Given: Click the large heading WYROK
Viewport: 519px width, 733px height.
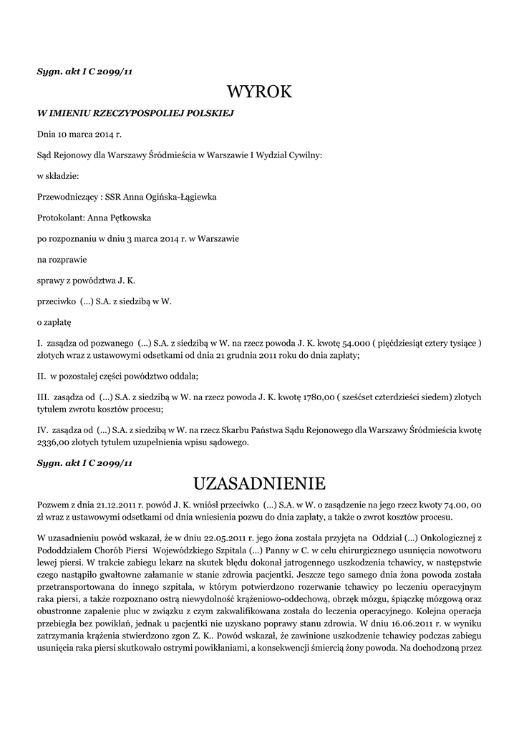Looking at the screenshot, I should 259,92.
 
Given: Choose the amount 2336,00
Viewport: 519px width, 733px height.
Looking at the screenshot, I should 54,442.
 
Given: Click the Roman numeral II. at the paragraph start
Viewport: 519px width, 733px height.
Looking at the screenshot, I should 42,376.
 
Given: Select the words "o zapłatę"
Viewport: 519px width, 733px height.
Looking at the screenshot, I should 54,322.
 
